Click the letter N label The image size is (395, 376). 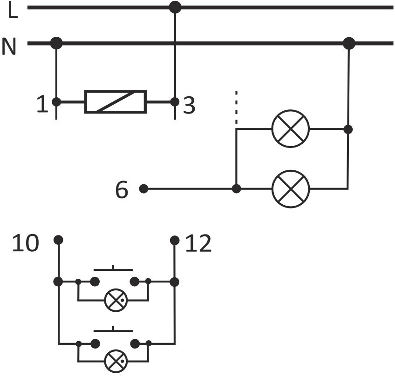[9, 46]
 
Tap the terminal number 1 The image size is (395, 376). [42, 104]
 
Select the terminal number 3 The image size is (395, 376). [189, 106]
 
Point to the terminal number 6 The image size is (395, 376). [122, 190]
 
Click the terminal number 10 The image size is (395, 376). [26, 242]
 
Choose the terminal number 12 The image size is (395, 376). [198, 243]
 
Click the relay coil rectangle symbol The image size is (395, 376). [116, 101]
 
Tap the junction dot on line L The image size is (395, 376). [175, 7]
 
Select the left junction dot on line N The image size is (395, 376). [56, 43]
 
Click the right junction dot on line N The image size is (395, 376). [349, 43]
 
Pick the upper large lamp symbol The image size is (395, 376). [291, 129]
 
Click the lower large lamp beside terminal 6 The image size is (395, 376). [291, 189]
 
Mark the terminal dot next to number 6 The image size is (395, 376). [144, 188]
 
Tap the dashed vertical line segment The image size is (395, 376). [236, 107]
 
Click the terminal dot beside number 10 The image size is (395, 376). [58, 240]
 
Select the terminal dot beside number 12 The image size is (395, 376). [175, 240]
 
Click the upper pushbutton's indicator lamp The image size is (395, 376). [116, 300]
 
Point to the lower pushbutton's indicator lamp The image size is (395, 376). [116, 362]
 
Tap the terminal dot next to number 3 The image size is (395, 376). [175, 102]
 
